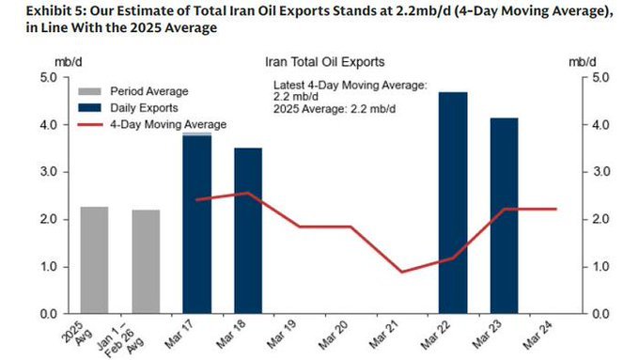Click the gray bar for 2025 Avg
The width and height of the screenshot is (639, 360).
click(94, 260)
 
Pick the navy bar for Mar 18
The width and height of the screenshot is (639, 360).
click(248, 230)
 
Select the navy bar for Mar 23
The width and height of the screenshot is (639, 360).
click(505, 216)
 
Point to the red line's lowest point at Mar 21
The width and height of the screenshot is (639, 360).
click(402, 272)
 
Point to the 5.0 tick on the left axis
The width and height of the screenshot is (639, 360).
click(49, 77)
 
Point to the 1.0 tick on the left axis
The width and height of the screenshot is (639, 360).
click(49, 267)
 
